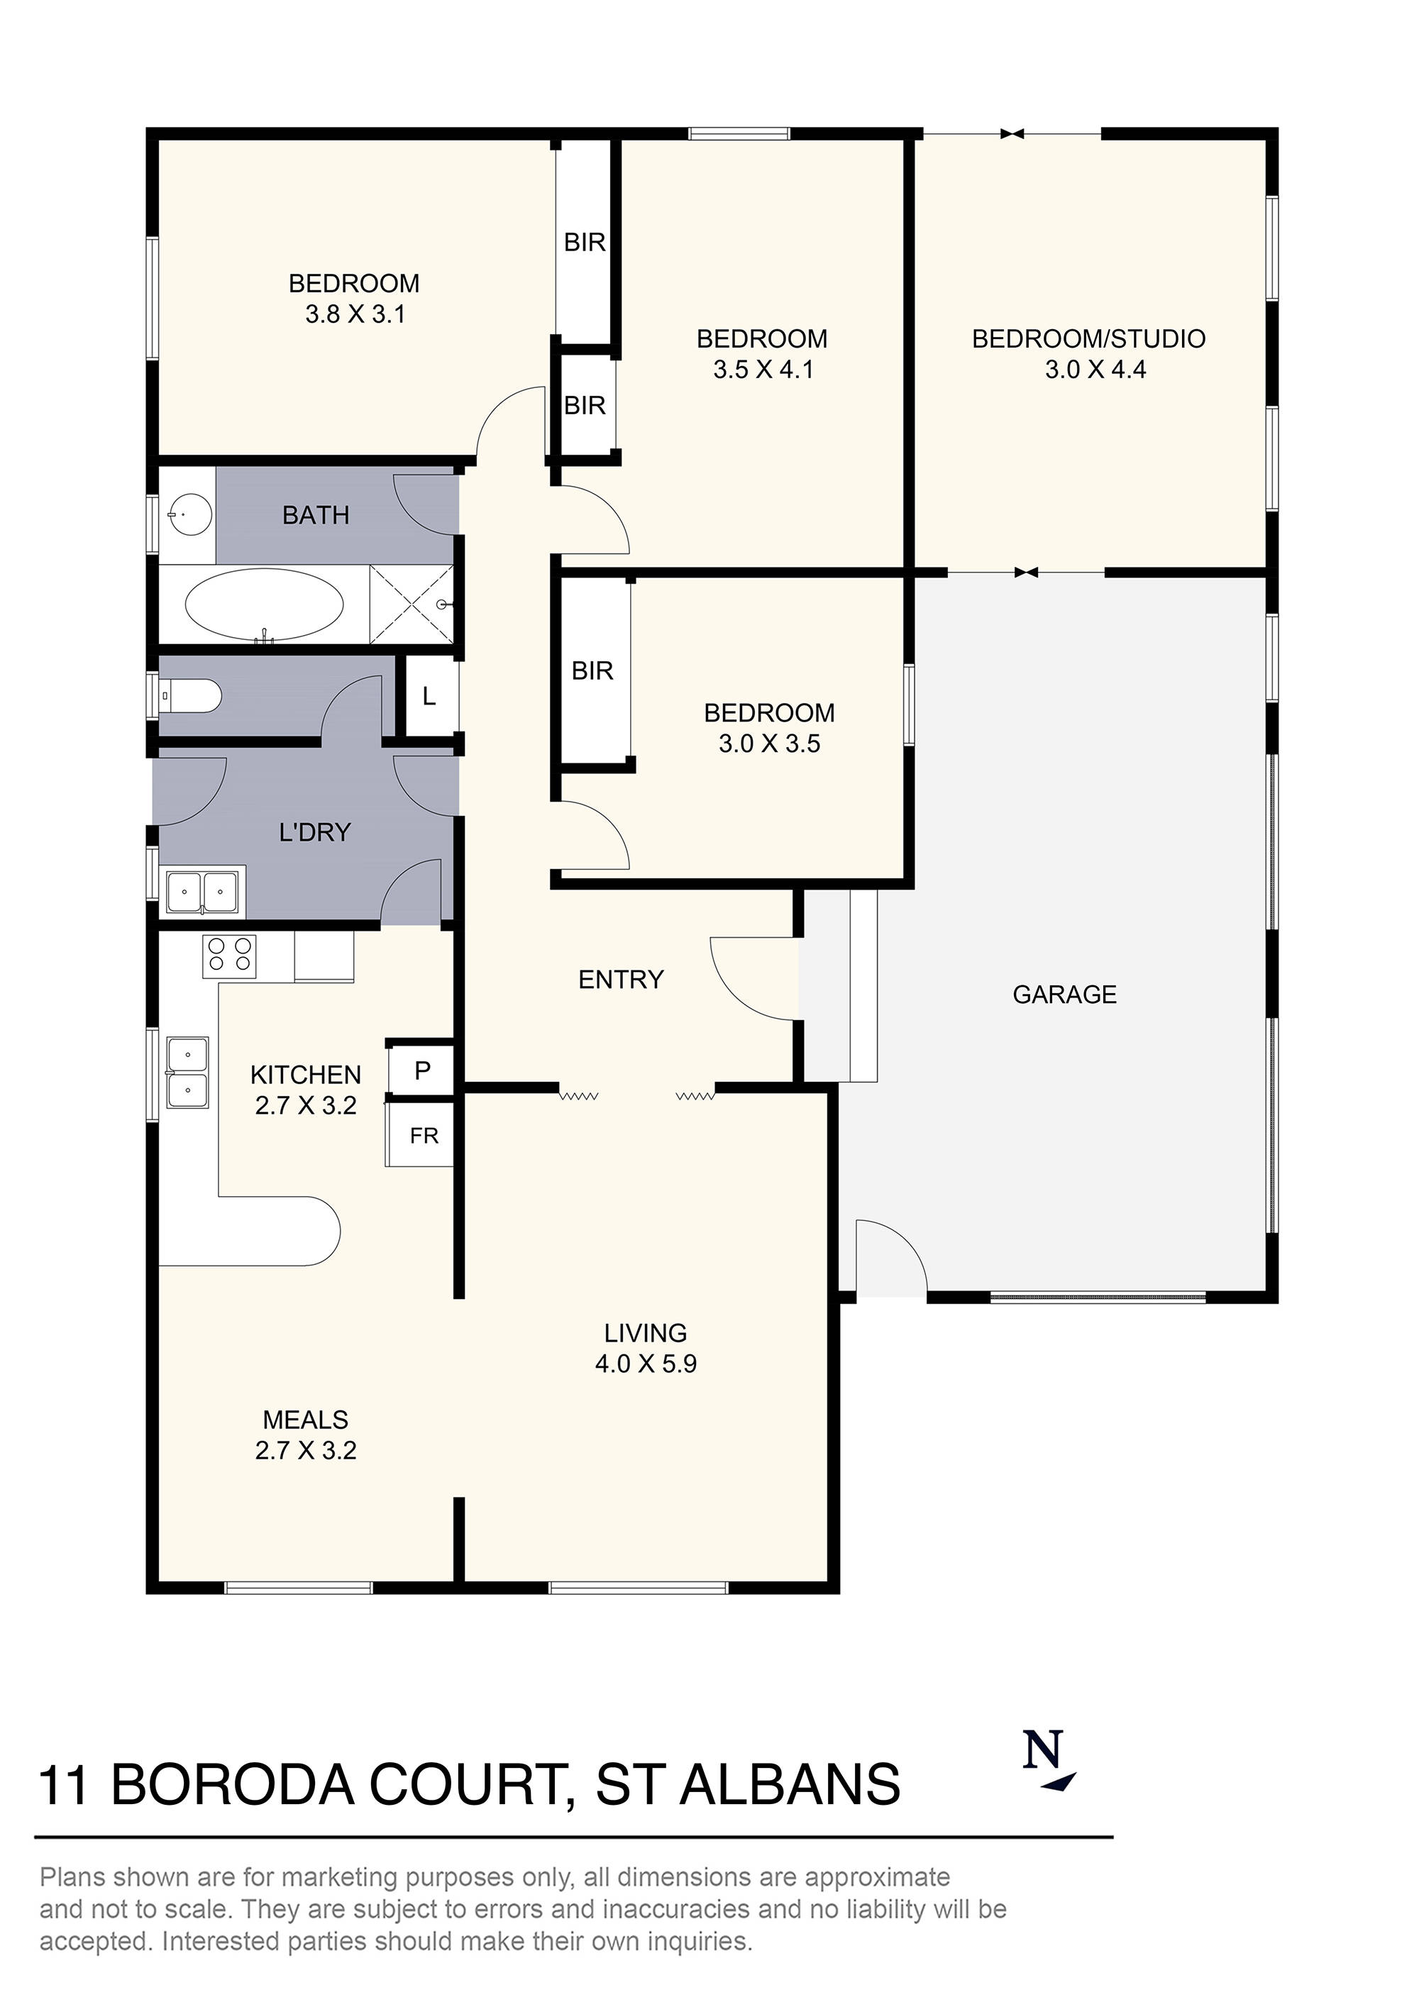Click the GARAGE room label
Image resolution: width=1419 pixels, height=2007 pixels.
point(1064,994)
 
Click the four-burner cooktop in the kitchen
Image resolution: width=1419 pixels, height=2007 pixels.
point(229,956)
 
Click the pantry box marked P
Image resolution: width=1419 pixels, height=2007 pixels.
point(422,1070)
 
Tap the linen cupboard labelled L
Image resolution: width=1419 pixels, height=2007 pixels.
point(429,697)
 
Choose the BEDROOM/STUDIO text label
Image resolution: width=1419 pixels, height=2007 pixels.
point(1088,338)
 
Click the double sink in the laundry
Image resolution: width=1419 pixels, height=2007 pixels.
point(202,892)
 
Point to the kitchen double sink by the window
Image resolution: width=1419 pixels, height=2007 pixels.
point(188,1073)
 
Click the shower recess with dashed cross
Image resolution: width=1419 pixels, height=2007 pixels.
point(411,604)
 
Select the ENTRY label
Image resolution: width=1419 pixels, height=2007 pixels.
point(621,979)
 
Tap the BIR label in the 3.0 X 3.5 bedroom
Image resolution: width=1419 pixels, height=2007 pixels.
point(592,670)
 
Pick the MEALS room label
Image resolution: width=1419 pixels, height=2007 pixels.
point(305,1420)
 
